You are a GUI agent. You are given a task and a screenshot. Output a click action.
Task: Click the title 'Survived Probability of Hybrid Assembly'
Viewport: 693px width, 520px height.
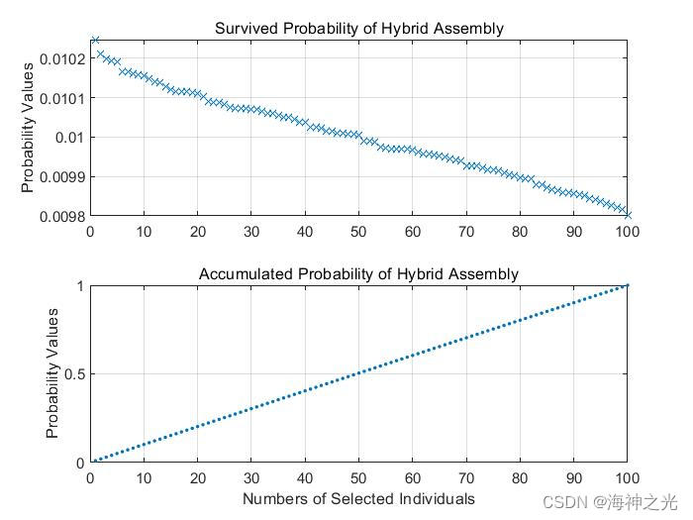click(x=358, y=28)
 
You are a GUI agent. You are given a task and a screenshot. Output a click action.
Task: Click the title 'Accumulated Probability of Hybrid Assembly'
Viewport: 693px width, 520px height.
click(x=358, y=273)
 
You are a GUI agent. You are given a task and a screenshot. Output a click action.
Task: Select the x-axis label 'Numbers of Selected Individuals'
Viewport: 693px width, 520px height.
click(x=358, y=498)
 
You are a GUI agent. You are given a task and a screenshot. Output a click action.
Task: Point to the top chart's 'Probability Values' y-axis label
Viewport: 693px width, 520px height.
click(x=29, y=127)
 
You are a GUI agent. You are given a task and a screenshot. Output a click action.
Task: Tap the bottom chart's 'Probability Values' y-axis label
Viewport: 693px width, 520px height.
click(x=52, y=373)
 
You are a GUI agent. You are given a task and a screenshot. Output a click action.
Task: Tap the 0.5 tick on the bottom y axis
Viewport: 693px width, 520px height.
click(x=73, y=374)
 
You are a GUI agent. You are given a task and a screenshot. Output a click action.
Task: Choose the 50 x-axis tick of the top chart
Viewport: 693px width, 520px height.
click(x=358, y=233)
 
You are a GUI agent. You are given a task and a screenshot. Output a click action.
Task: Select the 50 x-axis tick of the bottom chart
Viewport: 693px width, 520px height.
click(x=358, y=479)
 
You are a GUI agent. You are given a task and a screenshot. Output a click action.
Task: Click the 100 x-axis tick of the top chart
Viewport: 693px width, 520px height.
click(x=627, y=233)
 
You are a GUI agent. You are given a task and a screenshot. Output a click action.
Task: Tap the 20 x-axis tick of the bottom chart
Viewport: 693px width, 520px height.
click(x=198, y=479)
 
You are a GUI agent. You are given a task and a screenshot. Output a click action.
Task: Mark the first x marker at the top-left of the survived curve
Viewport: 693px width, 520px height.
click(x=95, y=41)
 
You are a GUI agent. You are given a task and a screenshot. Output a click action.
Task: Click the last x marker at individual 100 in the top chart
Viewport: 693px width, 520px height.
click(x=627, y=214)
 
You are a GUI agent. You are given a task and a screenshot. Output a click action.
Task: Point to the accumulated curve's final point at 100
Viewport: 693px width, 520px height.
click(x=627, y=285)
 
